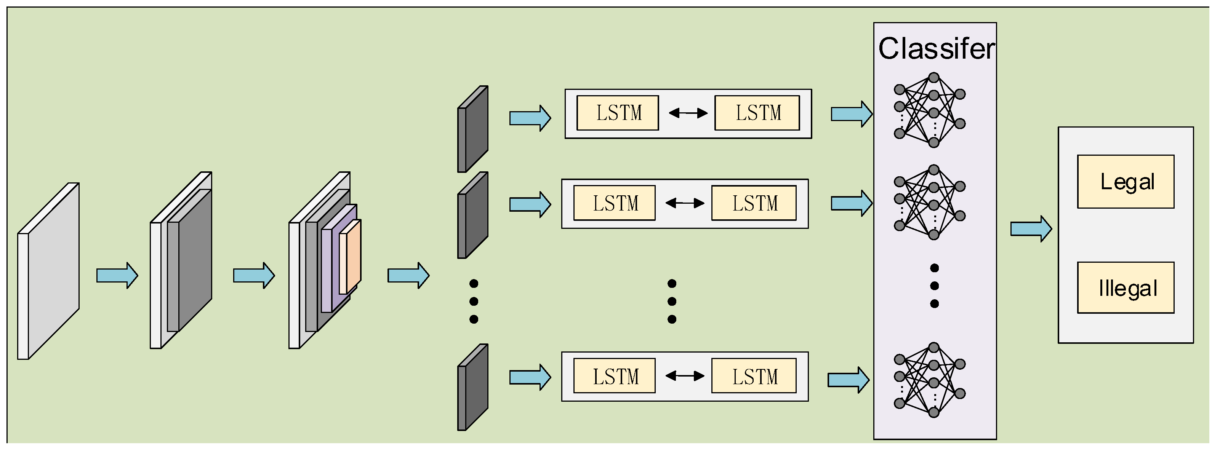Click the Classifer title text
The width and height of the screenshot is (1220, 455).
(936, 49)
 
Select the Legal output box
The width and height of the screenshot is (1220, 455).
(1125, 182)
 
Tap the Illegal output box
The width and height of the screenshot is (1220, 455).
(1125, 288)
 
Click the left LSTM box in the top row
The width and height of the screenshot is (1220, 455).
(617, 113)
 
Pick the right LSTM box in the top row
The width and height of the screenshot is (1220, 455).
(757, 113)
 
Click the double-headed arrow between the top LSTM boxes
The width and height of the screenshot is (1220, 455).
(688, 113)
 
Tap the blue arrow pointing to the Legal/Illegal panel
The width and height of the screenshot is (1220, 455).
(1031, 229)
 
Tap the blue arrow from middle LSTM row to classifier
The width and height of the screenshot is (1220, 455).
(852, 204)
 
